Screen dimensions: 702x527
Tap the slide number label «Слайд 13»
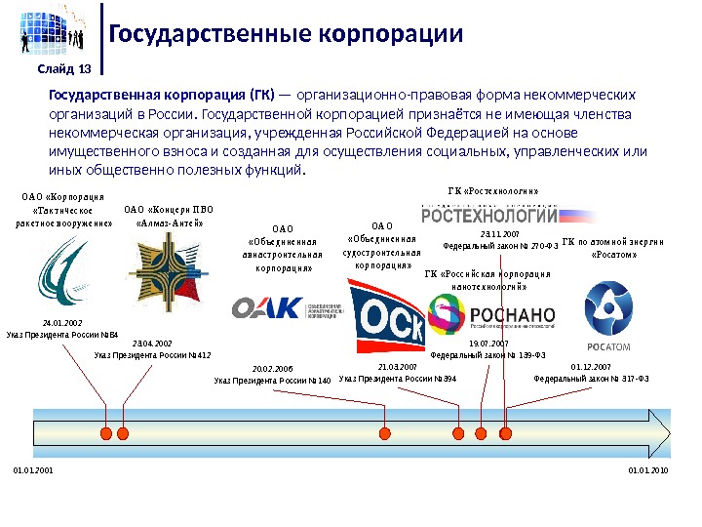[x=64, y=68]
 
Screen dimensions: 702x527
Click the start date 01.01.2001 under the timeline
[x=32, y=470]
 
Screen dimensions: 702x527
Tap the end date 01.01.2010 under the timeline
[x=649, y=470]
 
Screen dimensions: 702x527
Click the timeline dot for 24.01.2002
[x=105, y=431]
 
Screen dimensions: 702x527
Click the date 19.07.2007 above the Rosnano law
[x=488, y=345]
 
